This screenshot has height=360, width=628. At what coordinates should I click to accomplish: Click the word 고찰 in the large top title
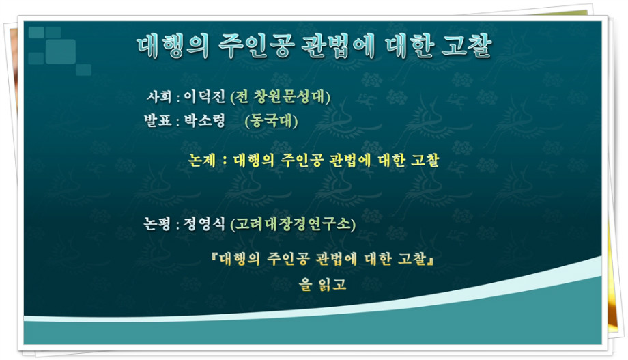(467, 45)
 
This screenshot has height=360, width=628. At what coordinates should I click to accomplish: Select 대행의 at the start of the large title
(173, 46)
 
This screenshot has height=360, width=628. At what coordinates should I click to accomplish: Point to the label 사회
(159, 96)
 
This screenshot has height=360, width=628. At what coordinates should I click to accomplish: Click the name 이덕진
(204, 96)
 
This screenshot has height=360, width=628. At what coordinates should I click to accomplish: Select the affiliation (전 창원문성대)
(281, 97)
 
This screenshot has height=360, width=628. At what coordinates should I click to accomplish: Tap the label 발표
(158, 120)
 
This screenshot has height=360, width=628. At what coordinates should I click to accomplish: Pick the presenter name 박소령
(204, 120)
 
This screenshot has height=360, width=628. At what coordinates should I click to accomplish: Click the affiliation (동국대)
(271, 121)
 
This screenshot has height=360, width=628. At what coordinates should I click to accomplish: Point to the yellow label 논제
(202, 161)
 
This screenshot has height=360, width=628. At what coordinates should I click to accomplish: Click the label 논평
(158, 223)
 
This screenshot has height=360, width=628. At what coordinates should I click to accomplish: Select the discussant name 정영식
(204, 223)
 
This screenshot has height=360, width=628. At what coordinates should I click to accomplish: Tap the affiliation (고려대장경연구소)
(293, 223)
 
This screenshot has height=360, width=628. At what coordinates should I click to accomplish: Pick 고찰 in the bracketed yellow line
(412, 259)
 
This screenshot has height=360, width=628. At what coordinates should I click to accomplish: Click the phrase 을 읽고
(322, 284)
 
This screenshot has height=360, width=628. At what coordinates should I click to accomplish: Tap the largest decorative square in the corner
(61, 52)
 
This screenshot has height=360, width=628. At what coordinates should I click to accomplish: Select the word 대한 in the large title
(410, 45)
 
